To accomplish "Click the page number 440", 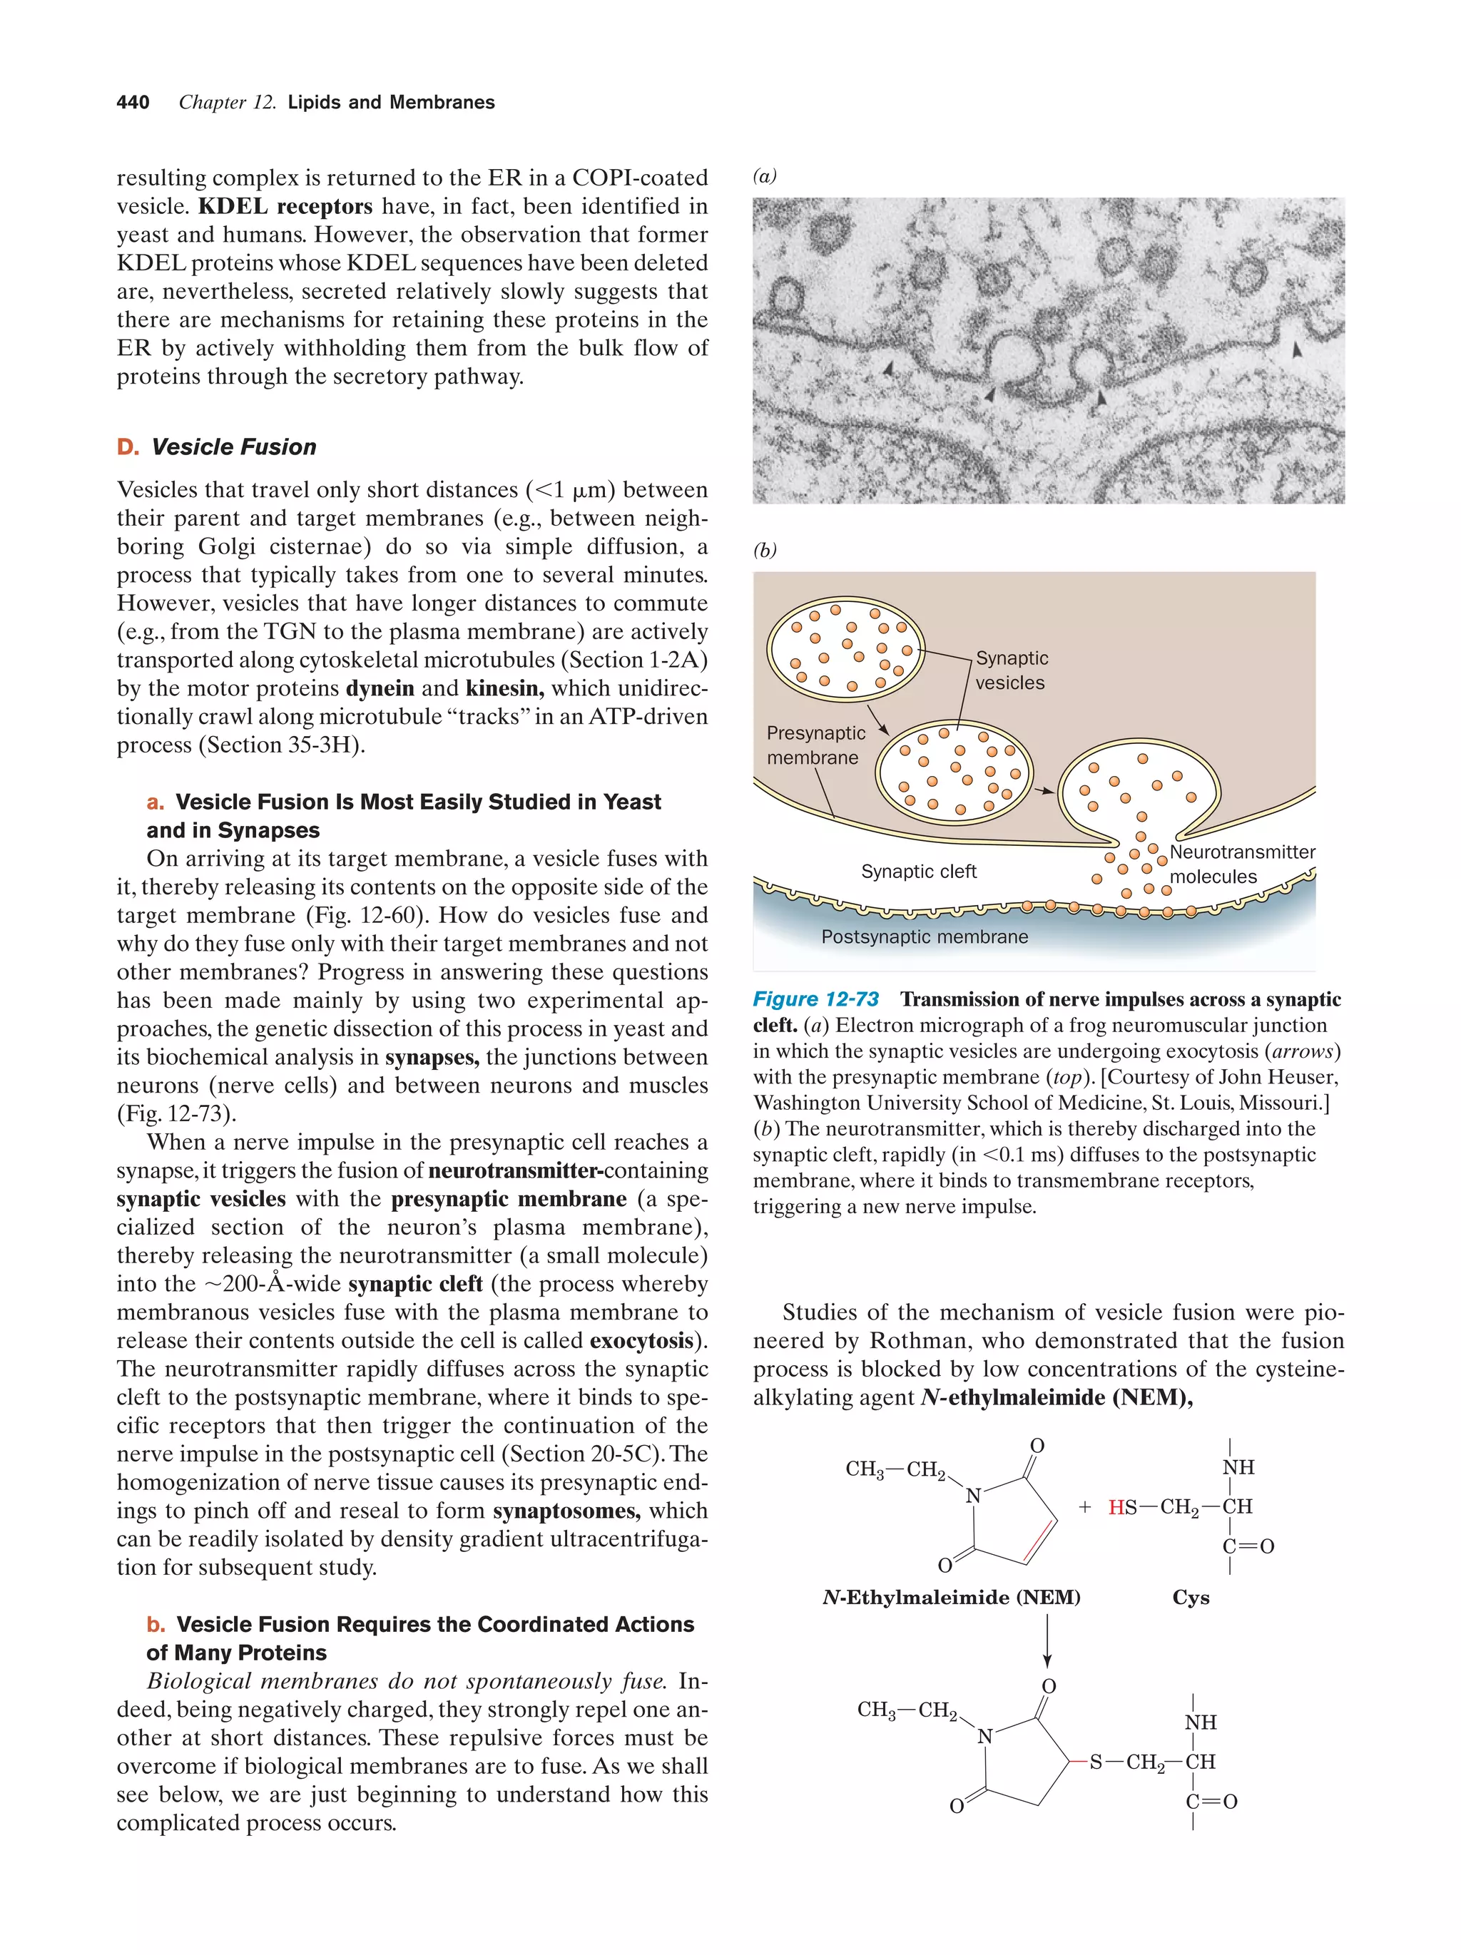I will click(133, 103).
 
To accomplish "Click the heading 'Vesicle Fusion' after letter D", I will click(233, 447).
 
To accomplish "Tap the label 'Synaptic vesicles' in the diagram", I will click(1010, 670).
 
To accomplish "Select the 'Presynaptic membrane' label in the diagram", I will click(815, 745).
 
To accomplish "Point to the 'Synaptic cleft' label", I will click(918, 872).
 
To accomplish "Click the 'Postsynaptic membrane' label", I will click(924, 936).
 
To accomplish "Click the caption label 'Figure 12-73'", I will click(815, 999).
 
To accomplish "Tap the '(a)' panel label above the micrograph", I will click(765, 176).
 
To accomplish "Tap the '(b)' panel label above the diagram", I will click(765, 551).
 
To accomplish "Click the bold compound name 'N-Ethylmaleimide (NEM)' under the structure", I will click(951, 1597).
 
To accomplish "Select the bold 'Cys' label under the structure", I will click(1190, 1597).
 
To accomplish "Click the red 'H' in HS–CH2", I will click(1116, 1508).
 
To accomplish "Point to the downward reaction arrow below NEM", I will click(1047, 1642).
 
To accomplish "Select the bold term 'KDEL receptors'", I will click(285, 207).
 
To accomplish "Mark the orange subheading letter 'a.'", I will click(156, 802).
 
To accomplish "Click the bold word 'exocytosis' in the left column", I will click(641, 1341).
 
